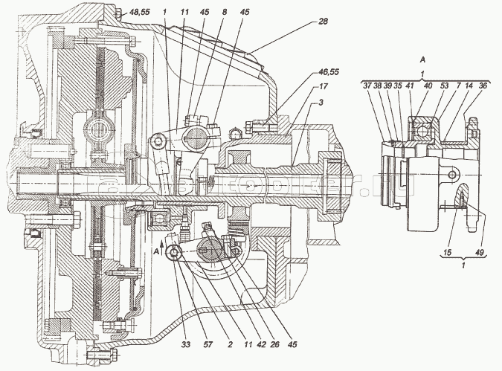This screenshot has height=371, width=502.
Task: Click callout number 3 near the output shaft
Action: pyautogui.click(x=321, y=100)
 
